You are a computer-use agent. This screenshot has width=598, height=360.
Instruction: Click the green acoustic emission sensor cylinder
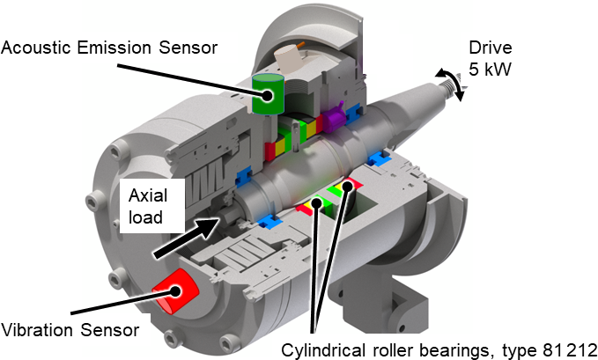click(x=268, y=93)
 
